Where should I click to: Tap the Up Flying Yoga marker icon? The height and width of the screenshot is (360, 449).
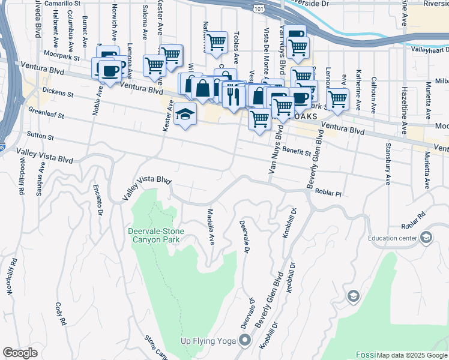click(x=244, y=341)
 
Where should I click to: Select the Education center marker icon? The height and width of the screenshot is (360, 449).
click(x=426, y=238)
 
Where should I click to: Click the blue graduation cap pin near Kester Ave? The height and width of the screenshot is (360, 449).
click(x=185, y=114)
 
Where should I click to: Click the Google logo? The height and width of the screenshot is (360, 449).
click(x=20, y=353)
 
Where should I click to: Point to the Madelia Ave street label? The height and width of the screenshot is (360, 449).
click(x=211, y=227)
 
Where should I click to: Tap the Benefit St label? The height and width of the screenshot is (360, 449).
click(x=297, y=152)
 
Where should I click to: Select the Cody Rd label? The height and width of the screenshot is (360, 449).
click(x=60, y=314)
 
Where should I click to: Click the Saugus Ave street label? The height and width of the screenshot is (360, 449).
click(x=41, y=173)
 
